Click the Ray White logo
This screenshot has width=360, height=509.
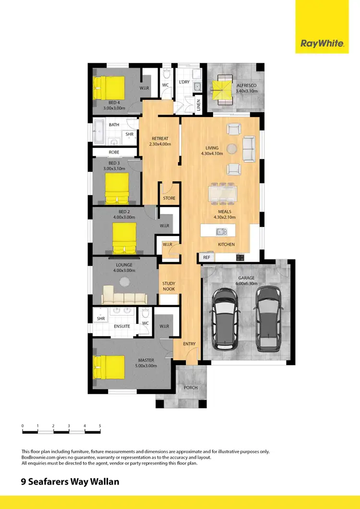pos(322,44)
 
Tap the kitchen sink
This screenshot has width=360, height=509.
pos(221,232)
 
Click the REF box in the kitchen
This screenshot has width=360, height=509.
pos(206,258)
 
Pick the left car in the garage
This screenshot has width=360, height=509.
pos(224,318)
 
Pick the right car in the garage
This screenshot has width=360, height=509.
pos(268,318)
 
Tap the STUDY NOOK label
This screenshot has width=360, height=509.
pos(168,286)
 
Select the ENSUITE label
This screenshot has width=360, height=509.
pos(122,327)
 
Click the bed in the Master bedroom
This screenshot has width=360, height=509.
pos(108,366)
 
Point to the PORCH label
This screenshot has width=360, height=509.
pos(191,388)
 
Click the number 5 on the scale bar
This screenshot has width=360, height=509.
pos(100,426)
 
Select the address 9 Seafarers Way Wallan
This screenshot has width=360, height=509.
pos(69,481)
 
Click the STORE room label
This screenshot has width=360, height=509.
pos(169,198)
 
